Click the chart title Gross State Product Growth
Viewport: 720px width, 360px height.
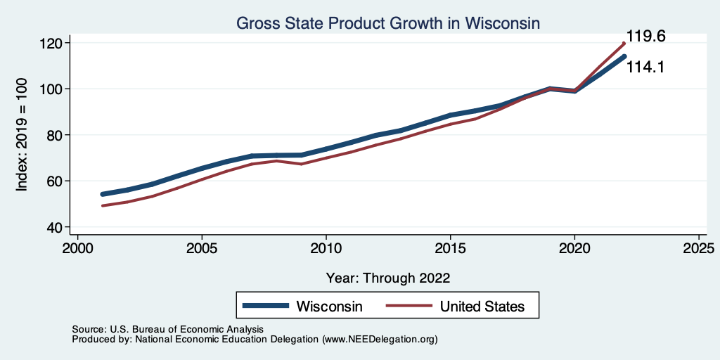pos(387,23)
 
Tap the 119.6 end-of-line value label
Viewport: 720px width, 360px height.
pos(646,37)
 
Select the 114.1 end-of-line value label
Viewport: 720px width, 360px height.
pos(646,67)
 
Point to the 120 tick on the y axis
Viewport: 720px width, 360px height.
pos(53,43)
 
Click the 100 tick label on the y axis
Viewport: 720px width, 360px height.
pos(53,89)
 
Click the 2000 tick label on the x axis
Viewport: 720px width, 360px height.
pos(77,249)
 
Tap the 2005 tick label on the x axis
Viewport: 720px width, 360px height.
pos(202,249)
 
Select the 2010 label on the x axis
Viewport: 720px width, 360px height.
pos(326,249)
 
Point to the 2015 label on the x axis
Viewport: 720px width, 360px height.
pos(450,249)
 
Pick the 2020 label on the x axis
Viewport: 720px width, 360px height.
pos(574,249)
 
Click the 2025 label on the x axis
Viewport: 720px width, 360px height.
pos(699,249)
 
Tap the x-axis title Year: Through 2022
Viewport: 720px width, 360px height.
pos(387,278)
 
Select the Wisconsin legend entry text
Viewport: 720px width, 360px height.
pos(329,307)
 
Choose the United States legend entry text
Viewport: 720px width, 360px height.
pos(482,307)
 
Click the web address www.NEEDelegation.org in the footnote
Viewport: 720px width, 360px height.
pos(380,339)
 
